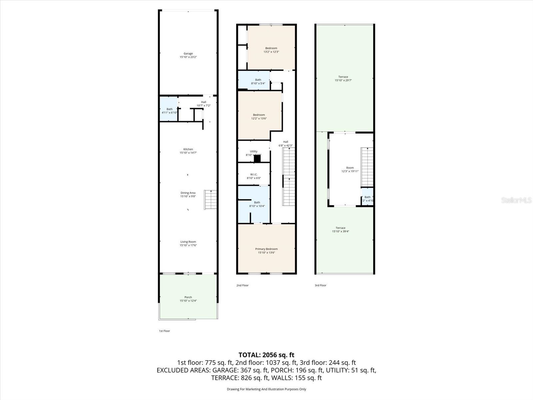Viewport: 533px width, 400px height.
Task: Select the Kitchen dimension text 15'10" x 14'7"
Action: (x=188, y=153)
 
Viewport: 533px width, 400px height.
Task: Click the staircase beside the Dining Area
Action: (x=211, y=199)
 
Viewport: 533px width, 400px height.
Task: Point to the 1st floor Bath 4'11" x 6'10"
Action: (x=169, y=111)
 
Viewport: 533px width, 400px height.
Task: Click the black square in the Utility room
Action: (x=257, y=159)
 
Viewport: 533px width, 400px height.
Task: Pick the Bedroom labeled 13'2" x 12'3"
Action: (x=271, y=50)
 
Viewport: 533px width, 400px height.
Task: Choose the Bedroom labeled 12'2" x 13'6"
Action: (x=259, y=117)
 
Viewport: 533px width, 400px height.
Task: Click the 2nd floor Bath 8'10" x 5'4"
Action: (x=258, y=81)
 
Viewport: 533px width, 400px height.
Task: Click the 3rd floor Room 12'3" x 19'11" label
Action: (x=350, y=169)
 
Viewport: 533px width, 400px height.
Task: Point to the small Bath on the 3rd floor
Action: (x=367, y=199)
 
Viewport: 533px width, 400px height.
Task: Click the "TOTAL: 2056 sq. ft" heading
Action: (x=266, y=355)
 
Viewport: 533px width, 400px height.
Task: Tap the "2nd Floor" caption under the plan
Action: (x=242, y=285)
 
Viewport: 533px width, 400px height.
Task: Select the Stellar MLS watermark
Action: (x=517, y=200)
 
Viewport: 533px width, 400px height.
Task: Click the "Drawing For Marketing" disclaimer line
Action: (x=266, y=389)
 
